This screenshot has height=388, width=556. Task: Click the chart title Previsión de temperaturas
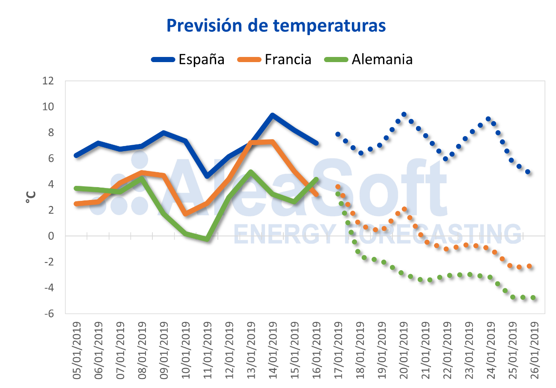[x=276, y=25]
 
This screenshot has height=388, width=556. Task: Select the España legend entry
[x=188, y=59]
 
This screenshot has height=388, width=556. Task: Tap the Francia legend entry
[x=274, y=59]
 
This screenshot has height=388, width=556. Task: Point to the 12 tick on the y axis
[x=48, y=81]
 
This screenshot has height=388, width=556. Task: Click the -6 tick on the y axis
[x=48, y=313]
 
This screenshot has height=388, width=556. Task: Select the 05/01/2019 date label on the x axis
[x=77, y=350]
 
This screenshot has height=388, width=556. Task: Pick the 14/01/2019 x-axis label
[x=273, y=350]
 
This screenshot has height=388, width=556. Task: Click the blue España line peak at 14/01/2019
[x=272, y=115]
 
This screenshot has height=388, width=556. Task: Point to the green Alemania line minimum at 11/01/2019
[x=207, y=239]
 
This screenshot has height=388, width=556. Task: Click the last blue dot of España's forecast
[x=528, y=172]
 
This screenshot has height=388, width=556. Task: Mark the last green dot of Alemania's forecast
[x=533, y=298]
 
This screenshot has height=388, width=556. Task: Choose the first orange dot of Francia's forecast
[x=338, y=187]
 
